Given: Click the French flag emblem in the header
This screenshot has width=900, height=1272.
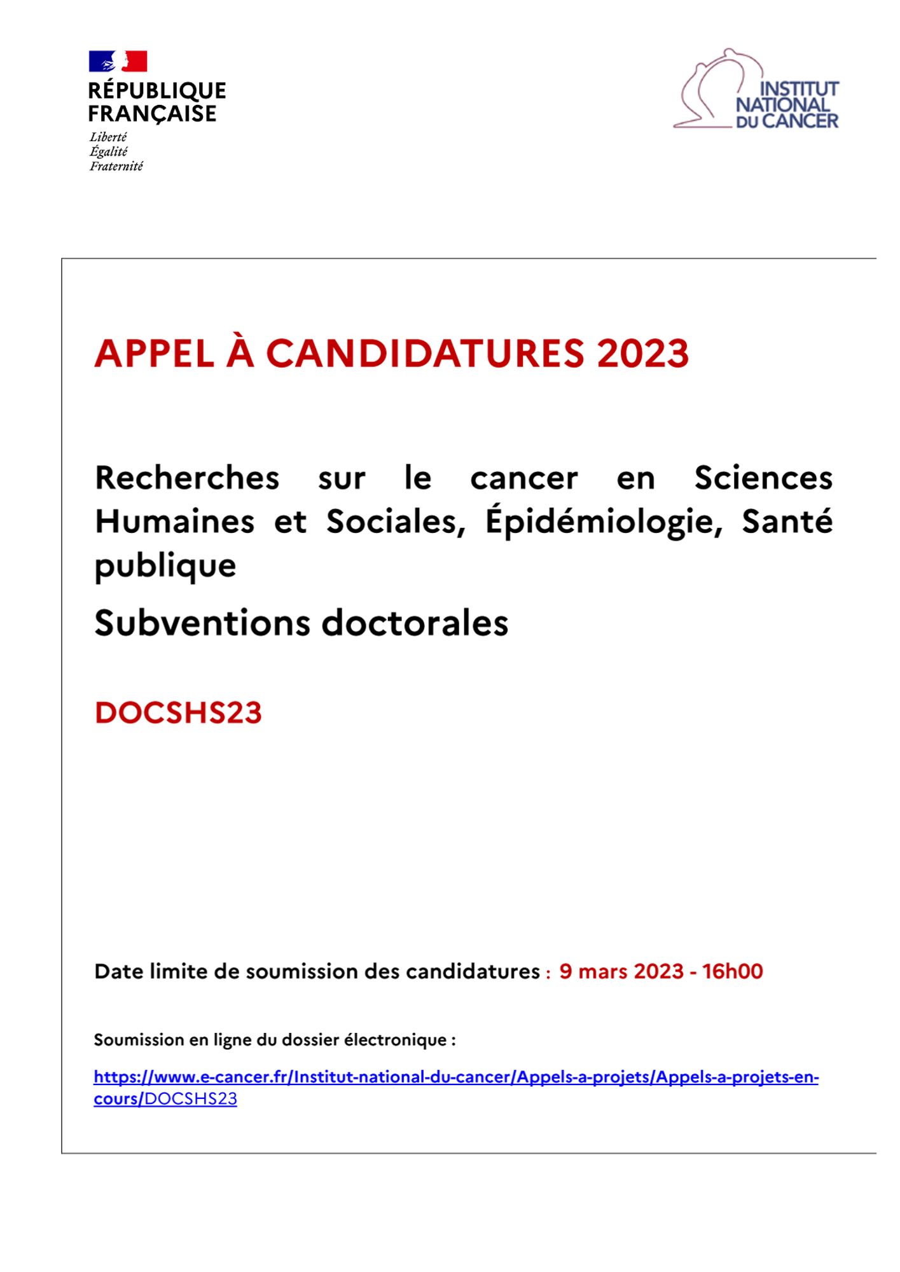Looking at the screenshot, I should [x=118, y=62].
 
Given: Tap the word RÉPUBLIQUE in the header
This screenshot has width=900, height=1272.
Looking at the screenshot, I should [x=157, y=90].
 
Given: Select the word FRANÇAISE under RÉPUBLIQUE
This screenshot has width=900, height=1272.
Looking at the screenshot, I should [x=152, y=113].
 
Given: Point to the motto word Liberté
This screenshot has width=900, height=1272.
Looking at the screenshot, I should [x=108, y=137].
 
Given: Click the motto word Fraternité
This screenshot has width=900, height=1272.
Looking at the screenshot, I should [x=116, y=166].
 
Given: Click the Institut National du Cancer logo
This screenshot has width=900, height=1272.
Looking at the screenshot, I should [x=756, y=90].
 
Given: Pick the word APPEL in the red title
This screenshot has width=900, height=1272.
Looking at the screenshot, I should [x=155, y=353].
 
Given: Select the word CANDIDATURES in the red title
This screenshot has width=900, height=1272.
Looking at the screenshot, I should [x=425, y=353].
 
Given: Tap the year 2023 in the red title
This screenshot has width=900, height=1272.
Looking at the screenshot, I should [x=643, y=353].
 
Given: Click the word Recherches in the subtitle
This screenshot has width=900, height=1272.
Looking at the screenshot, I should [x=187, y=478].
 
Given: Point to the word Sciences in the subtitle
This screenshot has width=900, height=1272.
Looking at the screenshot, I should [x=763, y=478].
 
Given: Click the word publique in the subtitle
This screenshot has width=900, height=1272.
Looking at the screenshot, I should [x=165, y=565].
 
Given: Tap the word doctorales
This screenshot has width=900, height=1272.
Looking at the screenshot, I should [x=415, y=623].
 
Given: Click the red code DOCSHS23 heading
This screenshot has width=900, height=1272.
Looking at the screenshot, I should [x=178, y=712].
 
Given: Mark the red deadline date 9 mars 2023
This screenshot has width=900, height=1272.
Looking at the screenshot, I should [x=621, y=971].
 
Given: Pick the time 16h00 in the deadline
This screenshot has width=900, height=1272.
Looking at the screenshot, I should [x=732, y=971].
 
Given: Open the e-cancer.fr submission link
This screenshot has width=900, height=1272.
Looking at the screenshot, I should [x=455, y=1077].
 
